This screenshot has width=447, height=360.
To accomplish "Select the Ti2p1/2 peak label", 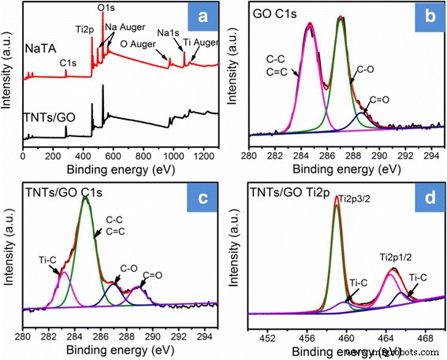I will point(398,256).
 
